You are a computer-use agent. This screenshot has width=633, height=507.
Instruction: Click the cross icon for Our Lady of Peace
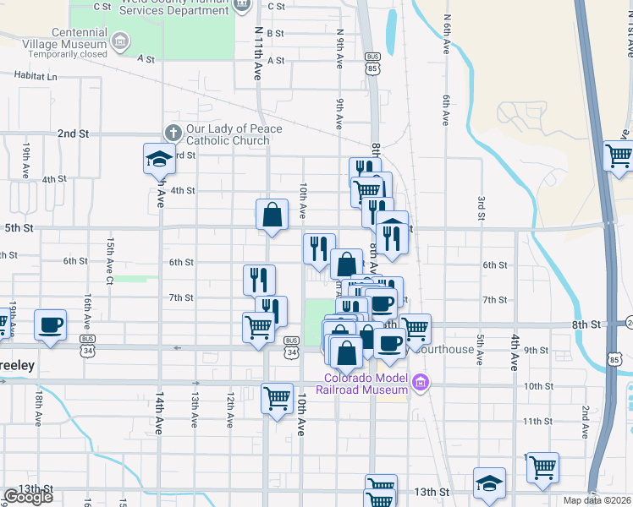point(172,133)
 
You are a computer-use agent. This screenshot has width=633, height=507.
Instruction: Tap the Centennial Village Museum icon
point(120,40)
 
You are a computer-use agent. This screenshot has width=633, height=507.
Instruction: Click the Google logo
point(28,497)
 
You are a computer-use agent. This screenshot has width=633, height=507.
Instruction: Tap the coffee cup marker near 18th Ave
point(50,325)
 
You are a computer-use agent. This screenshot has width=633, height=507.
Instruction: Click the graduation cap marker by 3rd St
point(157,158)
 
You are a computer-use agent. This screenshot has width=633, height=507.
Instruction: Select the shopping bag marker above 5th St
point(272,215)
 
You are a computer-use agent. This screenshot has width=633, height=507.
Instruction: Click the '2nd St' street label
point(73,134)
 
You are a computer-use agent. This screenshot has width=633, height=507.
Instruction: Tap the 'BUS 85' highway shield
point(373,63)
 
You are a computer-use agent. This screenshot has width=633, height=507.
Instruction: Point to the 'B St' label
point(275,33)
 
